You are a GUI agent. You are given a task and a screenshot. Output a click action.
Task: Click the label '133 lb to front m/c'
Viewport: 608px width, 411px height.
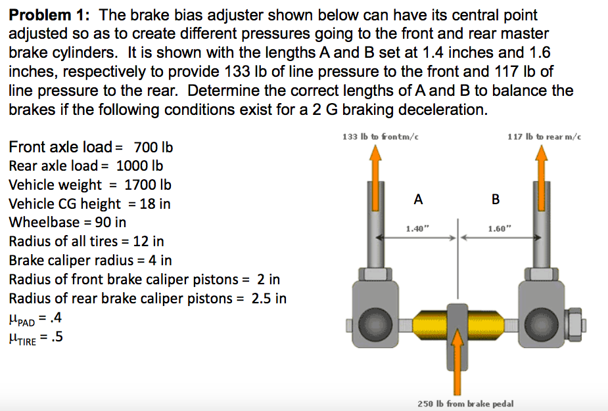point(381,137)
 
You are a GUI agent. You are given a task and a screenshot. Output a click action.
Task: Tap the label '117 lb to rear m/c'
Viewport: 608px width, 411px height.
point(544,137)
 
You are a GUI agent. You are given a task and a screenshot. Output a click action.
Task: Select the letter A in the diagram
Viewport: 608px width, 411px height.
point(418,199)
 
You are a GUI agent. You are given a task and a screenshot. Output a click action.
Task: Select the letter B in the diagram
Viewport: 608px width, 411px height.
point(496,199)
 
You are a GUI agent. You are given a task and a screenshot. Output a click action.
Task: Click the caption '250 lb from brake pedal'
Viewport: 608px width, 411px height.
point(465,403)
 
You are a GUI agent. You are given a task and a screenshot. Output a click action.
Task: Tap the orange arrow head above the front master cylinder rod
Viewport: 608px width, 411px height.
point(376,156)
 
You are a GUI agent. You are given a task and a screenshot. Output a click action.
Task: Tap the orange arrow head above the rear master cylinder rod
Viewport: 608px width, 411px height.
point(542,156)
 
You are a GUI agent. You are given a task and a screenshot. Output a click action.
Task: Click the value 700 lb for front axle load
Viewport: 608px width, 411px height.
point(153,146)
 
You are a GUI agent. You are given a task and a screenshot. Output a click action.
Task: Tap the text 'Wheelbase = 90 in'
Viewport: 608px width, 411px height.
point(68,223)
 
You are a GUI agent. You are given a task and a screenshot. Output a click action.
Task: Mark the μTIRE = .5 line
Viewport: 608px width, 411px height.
point(37,337)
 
